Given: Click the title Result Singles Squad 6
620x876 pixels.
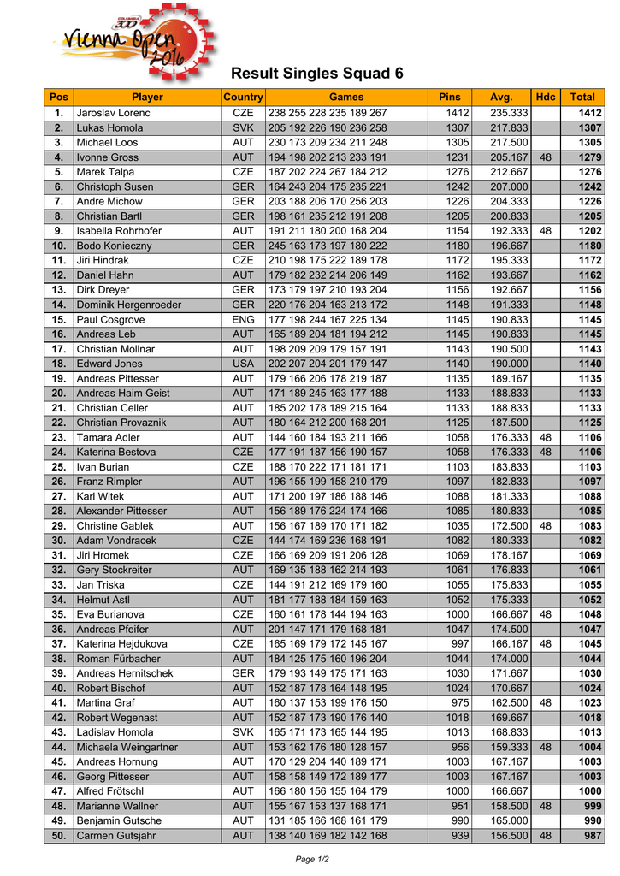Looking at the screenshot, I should (x=316, y=74).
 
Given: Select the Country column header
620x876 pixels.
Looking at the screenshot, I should (x=243, y=98).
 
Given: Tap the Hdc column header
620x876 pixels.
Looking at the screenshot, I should (x=545, y=98).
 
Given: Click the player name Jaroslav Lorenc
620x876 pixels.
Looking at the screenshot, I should (x=113, y=113).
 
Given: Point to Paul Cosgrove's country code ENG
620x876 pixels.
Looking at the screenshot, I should (x=243, y=319).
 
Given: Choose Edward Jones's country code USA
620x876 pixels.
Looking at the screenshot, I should (x=243, y=364).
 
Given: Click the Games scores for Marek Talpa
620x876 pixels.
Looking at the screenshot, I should (x=328, y=172).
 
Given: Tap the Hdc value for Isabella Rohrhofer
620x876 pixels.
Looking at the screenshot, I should (x=545, y=231).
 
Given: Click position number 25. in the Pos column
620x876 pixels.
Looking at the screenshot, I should (x=59, y=467).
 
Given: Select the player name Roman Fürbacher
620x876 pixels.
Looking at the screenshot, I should (x=117, y=659).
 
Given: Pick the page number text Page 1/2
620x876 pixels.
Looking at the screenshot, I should (x=311, y=859).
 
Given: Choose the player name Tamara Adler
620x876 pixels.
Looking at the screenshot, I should (x=108, y=437).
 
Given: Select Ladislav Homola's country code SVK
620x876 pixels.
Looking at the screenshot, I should (x=243, y=732).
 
